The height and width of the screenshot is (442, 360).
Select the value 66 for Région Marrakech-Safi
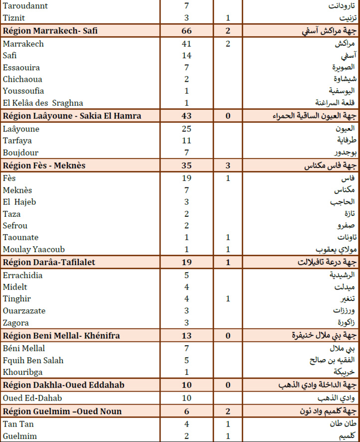pos(186,31)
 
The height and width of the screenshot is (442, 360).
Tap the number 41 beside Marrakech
pos(186,44)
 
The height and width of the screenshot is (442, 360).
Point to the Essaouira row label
pos(21,67)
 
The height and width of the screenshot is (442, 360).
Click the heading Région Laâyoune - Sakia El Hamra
pos(72,116)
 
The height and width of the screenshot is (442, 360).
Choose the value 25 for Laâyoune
pos(186,129)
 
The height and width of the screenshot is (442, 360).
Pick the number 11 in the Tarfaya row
pos(186,141)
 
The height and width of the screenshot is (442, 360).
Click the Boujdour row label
pos(20,152)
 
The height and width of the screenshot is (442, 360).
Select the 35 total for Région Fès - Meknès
pos(186,165)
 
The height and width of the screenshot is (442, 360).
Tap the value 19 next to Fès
pos(186,178)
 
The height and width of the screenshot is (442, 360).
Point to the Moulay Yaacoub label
pos(34,249)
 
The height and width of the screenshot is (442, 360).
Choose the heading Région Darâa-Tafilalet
pos(49,263)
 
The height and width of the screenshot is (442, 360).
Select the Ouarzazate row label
pos(24,311)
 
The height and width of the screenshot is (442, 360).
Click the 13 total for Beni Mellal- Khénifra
pos(186,335)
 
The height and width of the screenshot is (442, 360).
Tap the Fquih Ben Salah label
pos(33,360)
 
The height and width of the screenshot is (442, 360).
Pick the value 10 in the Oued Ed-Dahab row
pos(186,398)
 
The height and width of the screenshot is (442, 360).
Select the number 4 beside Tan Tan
pos(186,425)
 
